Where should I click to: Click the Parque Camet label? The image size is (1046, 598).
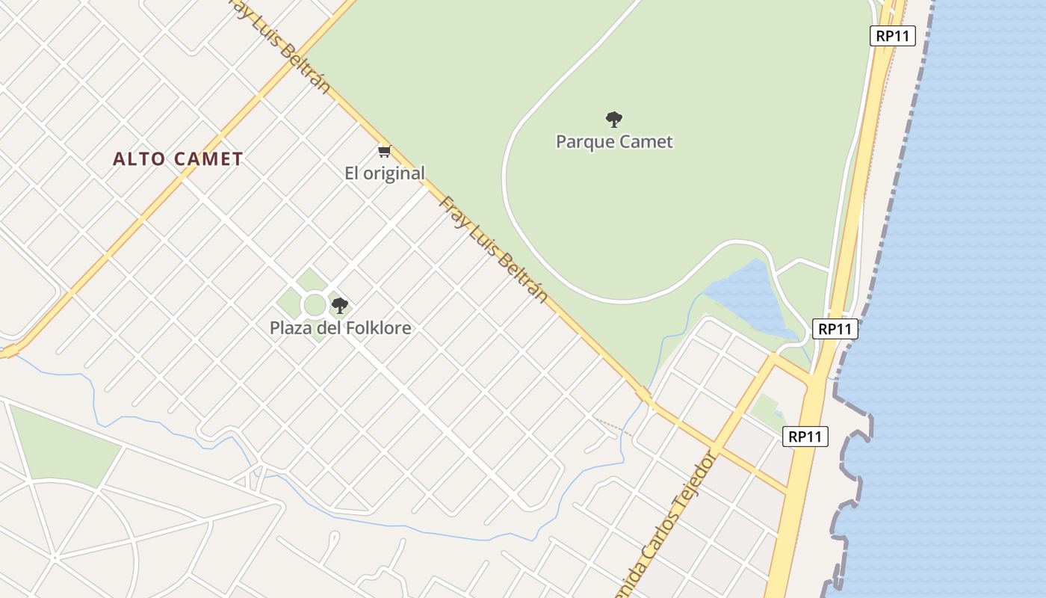click(614, 141)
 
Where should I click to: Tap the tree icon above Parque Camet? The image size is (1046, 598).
click(614, 119)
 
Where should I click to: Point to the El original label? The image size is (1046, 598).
click(384, 173)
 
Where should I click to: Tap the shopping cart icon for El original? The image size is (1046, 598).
click(384, 152)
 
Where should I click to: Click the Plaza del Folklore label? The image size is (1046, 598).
click(340, 327)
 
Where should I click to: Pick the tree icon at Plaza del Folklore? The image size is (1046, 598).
click(340, 305)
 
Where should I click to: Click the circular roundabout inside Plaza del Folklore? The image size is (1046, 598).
click(315, 305)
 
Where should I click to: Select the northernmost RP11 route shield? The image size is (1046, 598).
click(892, 36)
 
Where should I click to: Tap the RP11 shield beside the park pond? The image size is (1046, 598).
click(835, 329)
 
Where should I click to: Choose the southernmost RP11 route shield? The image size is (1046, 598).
click(805, 437)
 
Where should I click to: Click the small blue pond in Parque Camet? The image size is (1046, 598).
click(747, 299)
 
